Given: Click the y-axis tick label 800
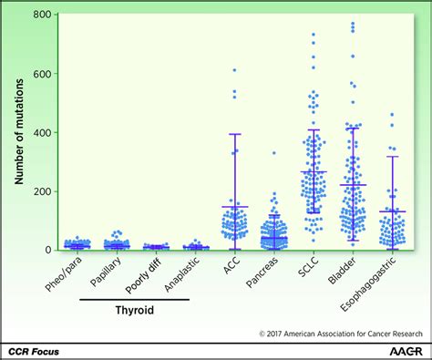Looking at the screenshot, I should click(38, 15).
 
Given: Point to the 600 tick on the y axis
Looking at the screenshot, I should click(38, 74).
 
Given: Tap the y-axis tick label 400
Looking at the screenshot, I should click(38, 132).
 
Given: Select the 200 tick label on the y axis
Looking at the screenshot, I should click(38, 191).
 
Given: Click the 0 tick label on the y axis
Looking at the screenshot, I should click(45, 250).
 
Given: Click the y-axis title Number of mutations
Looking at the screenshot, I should click(18, 133).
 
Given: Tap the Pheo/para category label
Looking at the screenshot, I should click(65, 273).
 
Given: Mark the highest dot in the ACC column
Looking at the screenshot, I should click(233, 70).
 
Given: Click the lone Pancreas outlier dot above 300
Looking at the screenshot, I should click(273, 153).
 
